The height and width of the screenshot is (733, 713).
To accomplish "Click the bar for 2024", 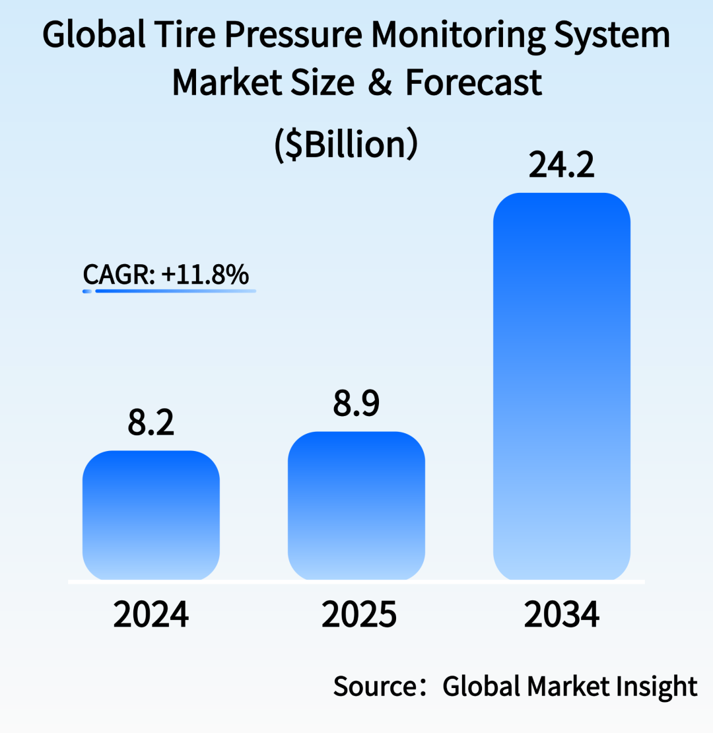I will click(151, 515).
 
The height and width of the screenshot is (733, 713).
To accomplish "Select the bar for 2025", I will click(356, 506).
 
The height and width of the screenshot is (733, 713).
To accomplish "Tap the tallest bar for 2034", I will click(562, 386).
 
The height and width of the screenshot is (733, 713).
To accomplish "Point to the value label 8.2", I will click(151, 423).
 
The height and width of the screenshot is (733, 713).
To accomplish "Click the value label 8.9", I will click(356, 403).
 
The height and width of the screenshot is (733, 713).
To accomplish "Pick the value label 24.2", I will click(562, 166).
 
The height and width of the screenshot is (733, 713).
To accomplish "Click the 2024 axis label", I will click(151, 615).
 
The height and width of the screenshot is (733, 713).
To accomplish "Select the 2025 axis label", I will click(358, 615).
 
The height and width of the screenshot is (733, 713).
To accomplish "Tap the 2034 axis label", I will click(562, 615).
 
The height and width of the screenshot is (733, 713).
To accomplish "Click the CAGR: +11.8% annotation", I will click(166, 274).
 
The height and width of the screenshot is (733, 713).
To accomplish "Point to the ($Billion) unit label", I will click(346, 143).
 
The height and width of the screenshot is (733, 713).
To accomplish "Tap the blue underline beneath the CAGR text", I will click(175, 291).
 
